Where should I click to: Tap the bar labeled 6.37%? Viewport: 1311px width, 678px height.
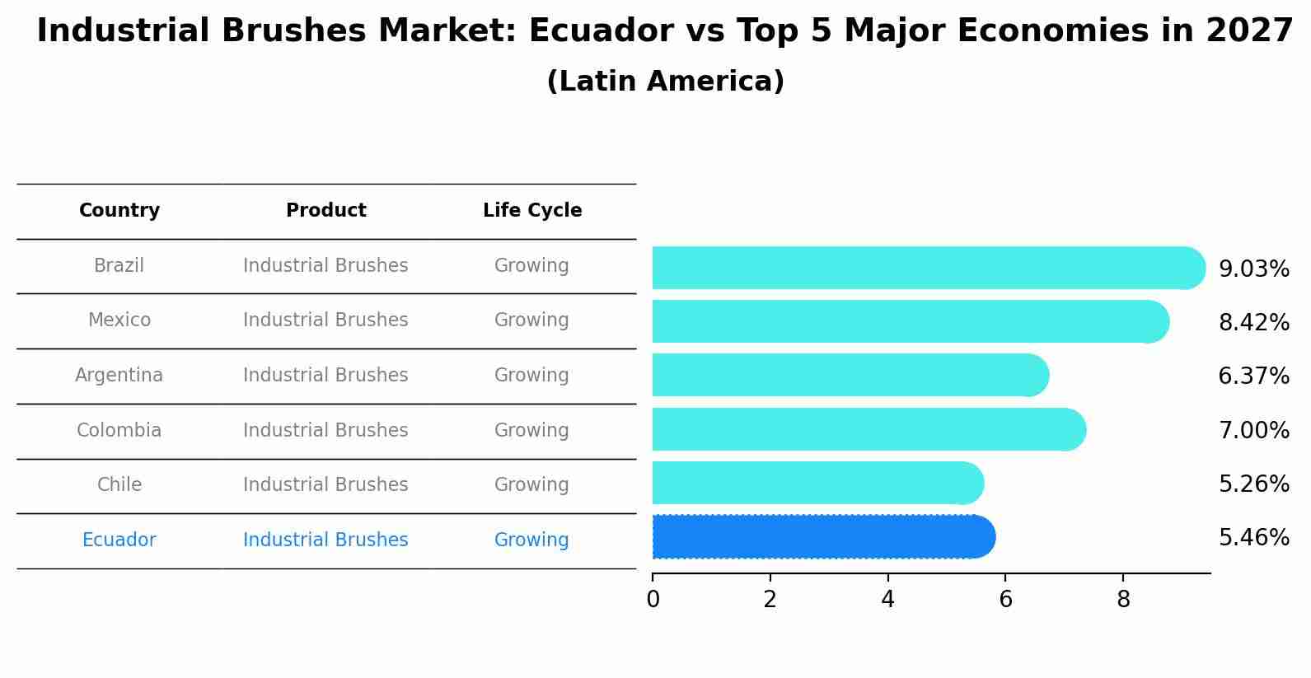coord(849,376)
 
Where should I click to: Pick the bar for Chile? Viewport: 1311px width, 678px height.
coord(817,484)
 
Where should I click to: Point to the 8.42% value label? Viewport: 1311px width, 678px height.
coord(1253,323)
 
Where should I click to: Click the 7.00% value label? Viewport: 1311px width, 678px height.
coord(1253,430)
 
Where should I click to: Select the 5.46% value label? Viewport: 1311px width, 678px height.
coord(1253,538)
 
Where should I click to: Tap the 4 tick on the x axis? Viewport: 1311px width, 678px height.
coord(887,600)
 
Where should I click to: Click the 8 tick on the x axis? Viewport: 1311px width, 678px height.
coord(1123,600)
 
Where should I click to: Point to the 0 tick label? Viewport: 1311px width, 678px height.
coord(653,600)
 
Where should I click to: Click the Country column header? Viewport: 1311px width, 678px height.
coord(119,211)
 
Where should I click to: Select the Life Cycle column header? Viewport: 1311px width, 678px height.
coord(532,211)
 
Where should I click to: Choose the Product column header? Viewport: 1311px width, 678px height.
coord(325,211)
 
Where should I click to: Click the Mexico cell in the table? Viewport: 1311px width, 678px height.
coord(119,320)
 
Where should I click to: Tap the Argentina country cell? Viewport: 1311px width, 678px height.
coord(119,376)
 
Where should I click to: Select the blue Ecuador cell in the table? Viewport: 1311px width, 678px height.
coord(119,540)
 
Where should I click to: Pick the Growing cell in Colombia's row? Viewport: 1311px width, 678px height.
coord(531,431)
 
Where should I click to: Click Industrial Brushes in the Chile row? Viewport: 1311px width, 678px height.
coord(325,485)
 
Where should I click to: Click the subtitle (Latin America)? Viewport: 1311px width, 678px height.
coord(665,82)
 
